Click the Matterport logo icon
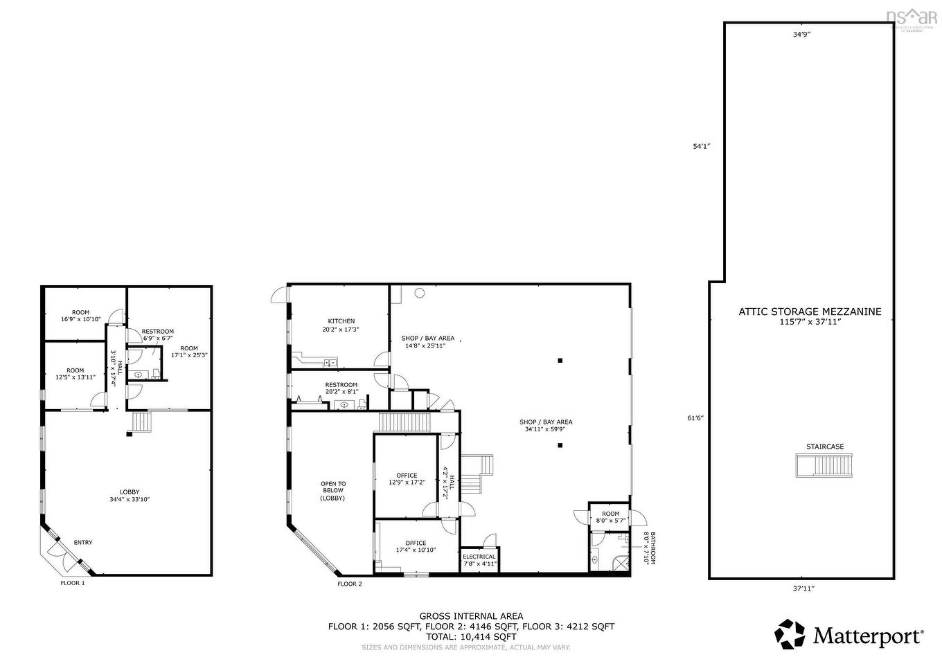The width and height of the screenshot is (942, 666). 790,634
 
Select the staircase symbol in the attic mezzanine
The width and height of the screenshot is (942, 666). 824,465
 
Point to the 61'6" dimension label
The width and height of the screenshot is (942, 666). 694,417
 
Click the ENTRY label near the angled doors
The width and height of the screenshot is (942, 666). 82,543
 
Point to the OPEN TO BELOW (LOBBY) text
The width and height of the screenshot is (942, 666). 333,491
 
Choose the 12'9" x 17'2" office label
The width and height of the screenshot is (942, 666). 407,479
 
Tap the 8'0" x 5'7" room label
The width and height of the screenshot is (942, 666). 610,518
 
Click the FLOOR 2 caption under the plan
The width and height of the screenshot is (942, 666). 350,584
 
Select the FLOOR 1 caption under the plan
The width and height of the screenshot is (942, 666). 73,583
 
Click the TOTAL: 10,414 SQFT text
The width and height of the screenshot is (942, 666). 471,636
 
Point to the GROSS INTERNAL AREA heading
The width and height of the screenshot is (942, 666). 471,615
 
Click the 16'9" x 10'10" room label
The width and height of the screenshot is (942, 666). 80,316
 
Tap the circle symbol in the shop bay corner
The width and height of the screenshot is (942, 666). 419,293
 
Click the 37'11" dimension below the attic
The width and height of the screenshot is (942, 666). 803,588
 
